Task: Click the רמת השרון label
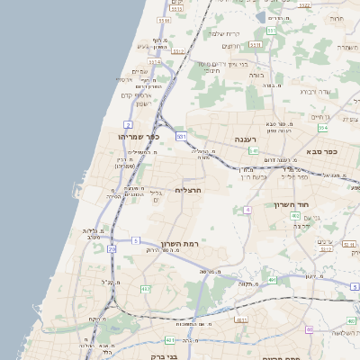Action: [x=178, y=244]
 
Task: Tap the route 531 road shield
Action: [x=182, y=136]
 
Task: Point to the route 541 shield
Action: [x=255, y=151]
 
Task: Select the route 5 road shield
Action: [x=135, y=240]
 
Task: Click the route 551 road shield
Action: [x=270, y=31]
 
